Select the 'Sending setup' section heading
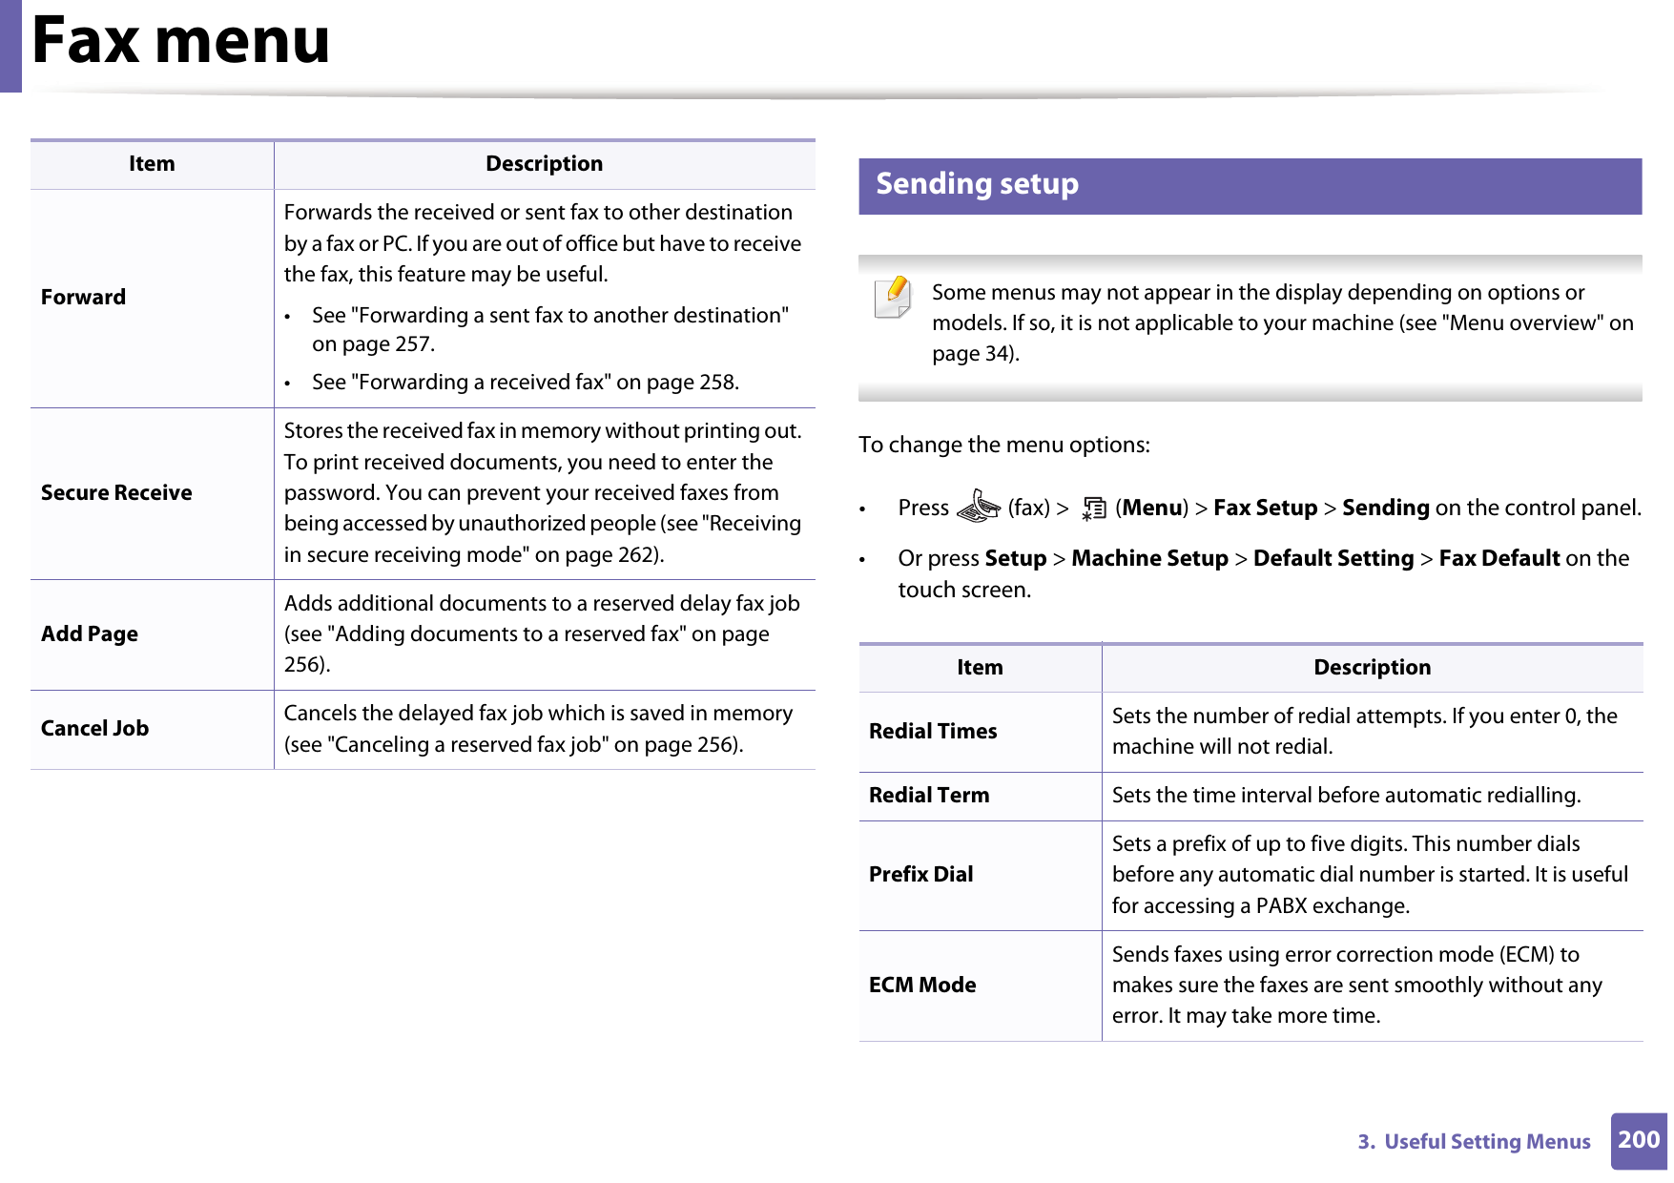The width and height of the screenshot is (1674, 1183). click(977, 184)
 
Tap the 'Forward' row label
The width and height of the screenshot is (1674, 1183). click(83, 298)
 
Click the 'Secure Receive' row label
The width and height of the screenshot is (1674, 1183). click(116, 493)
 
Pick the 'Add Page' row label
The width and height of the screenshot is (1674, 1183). click(90, 634)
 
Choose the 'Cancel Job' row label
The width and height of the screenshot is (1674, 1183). click(94, 729)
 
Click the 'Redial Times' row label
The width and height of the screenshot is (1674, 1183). click(932, 732)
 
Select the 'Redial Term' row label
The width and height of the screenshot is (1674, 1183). click(928, 796)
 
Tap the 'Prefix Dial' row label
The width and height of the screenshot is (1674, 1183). click(920, 875)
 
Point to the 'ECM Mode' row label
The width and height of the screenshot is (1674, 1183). click(921, 986)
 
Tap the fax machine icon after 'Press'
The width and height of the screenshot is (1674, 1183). click(978, 507)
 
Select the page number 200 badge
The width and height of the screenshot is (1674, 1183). click(1638, 1140)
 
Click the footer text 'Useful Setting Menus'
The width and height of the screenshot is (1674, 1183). click(1486, 1142)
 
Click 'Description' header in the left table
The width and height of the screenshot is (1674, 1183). click(544, 164)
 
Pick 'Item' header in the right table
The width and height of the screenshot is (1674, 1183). click(980, 668)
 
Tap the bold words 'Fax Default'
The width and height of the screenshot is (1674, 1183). click(1498, 559)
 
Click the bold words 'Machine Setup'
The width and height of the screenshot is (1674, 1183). click(1148, 559)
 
